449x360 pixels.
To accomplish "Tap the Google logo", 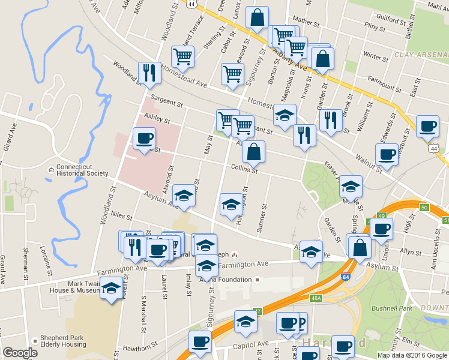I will point(20,353).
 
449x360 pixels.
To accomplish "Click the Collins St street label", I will point(244,170).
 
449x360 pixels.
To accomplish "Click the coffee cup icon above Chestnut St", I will point(427,126).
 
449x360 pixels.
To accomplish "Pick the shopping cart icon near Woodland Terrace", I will point(182,57).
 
